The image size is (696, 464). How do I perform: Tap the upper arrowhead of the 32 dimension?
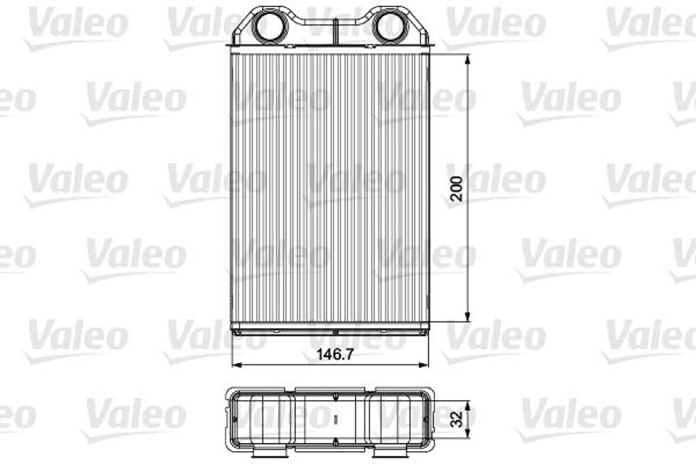pos(468,406)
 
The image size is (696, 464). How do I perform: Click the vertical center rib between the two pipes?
pos(334,30)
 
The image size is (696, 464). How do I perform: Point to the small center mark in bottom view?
pos(334,420)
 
